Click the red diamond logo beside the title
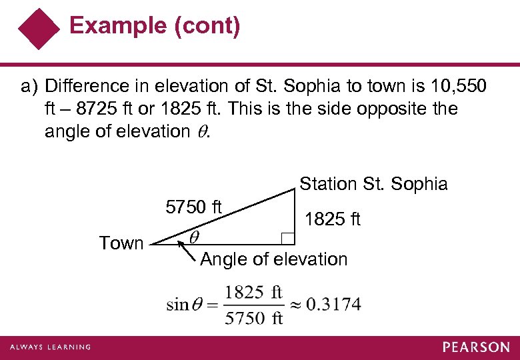coord(39,29)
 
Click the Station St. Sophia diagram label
coord(373,184)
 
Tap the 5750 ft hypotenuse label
coord(193,206)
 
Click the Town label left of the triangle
coord(121,243)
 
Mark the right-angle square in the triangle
coord(288,238)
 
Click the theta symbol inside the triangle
coord(193,237)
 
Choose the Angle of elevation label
coord(274,259)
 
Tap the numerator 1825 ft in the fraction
coord(253,292)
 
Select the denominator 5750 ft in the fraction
coord(253,317)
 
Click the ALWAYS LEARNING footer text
coord(50,347)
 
